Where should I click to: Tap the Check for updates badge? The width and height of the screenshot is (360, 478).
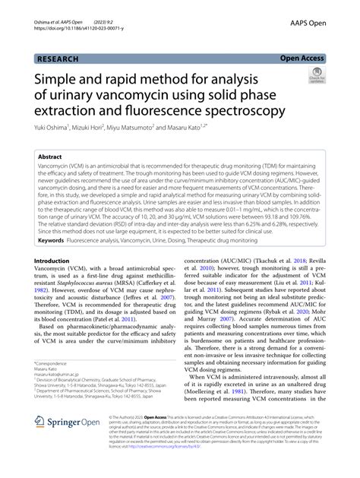click(316, 76)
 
